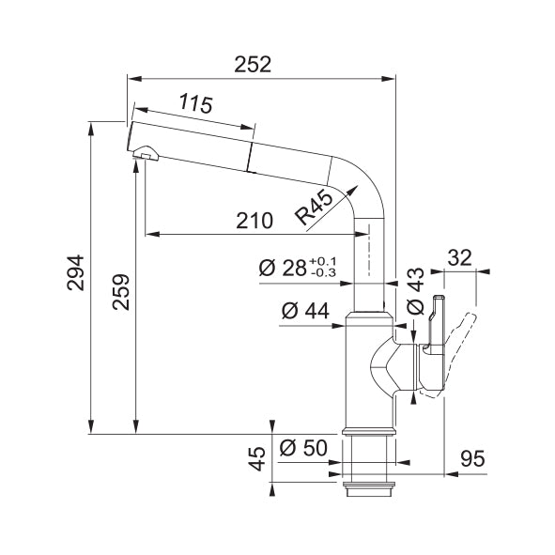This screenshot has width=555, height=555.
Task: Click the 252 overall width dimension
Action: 253,65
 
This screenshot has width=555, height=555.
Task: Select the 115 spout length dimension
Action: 195,103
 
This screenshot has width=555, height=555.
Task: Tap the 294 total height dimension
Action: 76,272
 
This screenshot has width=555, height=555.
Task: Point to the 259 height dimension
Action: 121,292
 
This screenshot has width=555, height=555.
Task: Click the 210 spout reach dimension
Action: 254,221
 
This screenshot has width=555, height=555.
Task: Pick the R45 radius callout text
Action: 315,208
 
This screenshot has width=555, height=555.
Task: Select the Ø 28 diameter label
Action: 283,268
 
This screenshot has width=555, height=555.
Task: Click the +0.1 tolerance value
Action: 323,262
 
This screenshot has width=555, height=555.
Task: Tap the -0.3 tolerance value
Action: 323,273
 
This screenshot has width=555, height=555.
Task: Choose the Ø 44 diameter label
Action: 305,311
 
